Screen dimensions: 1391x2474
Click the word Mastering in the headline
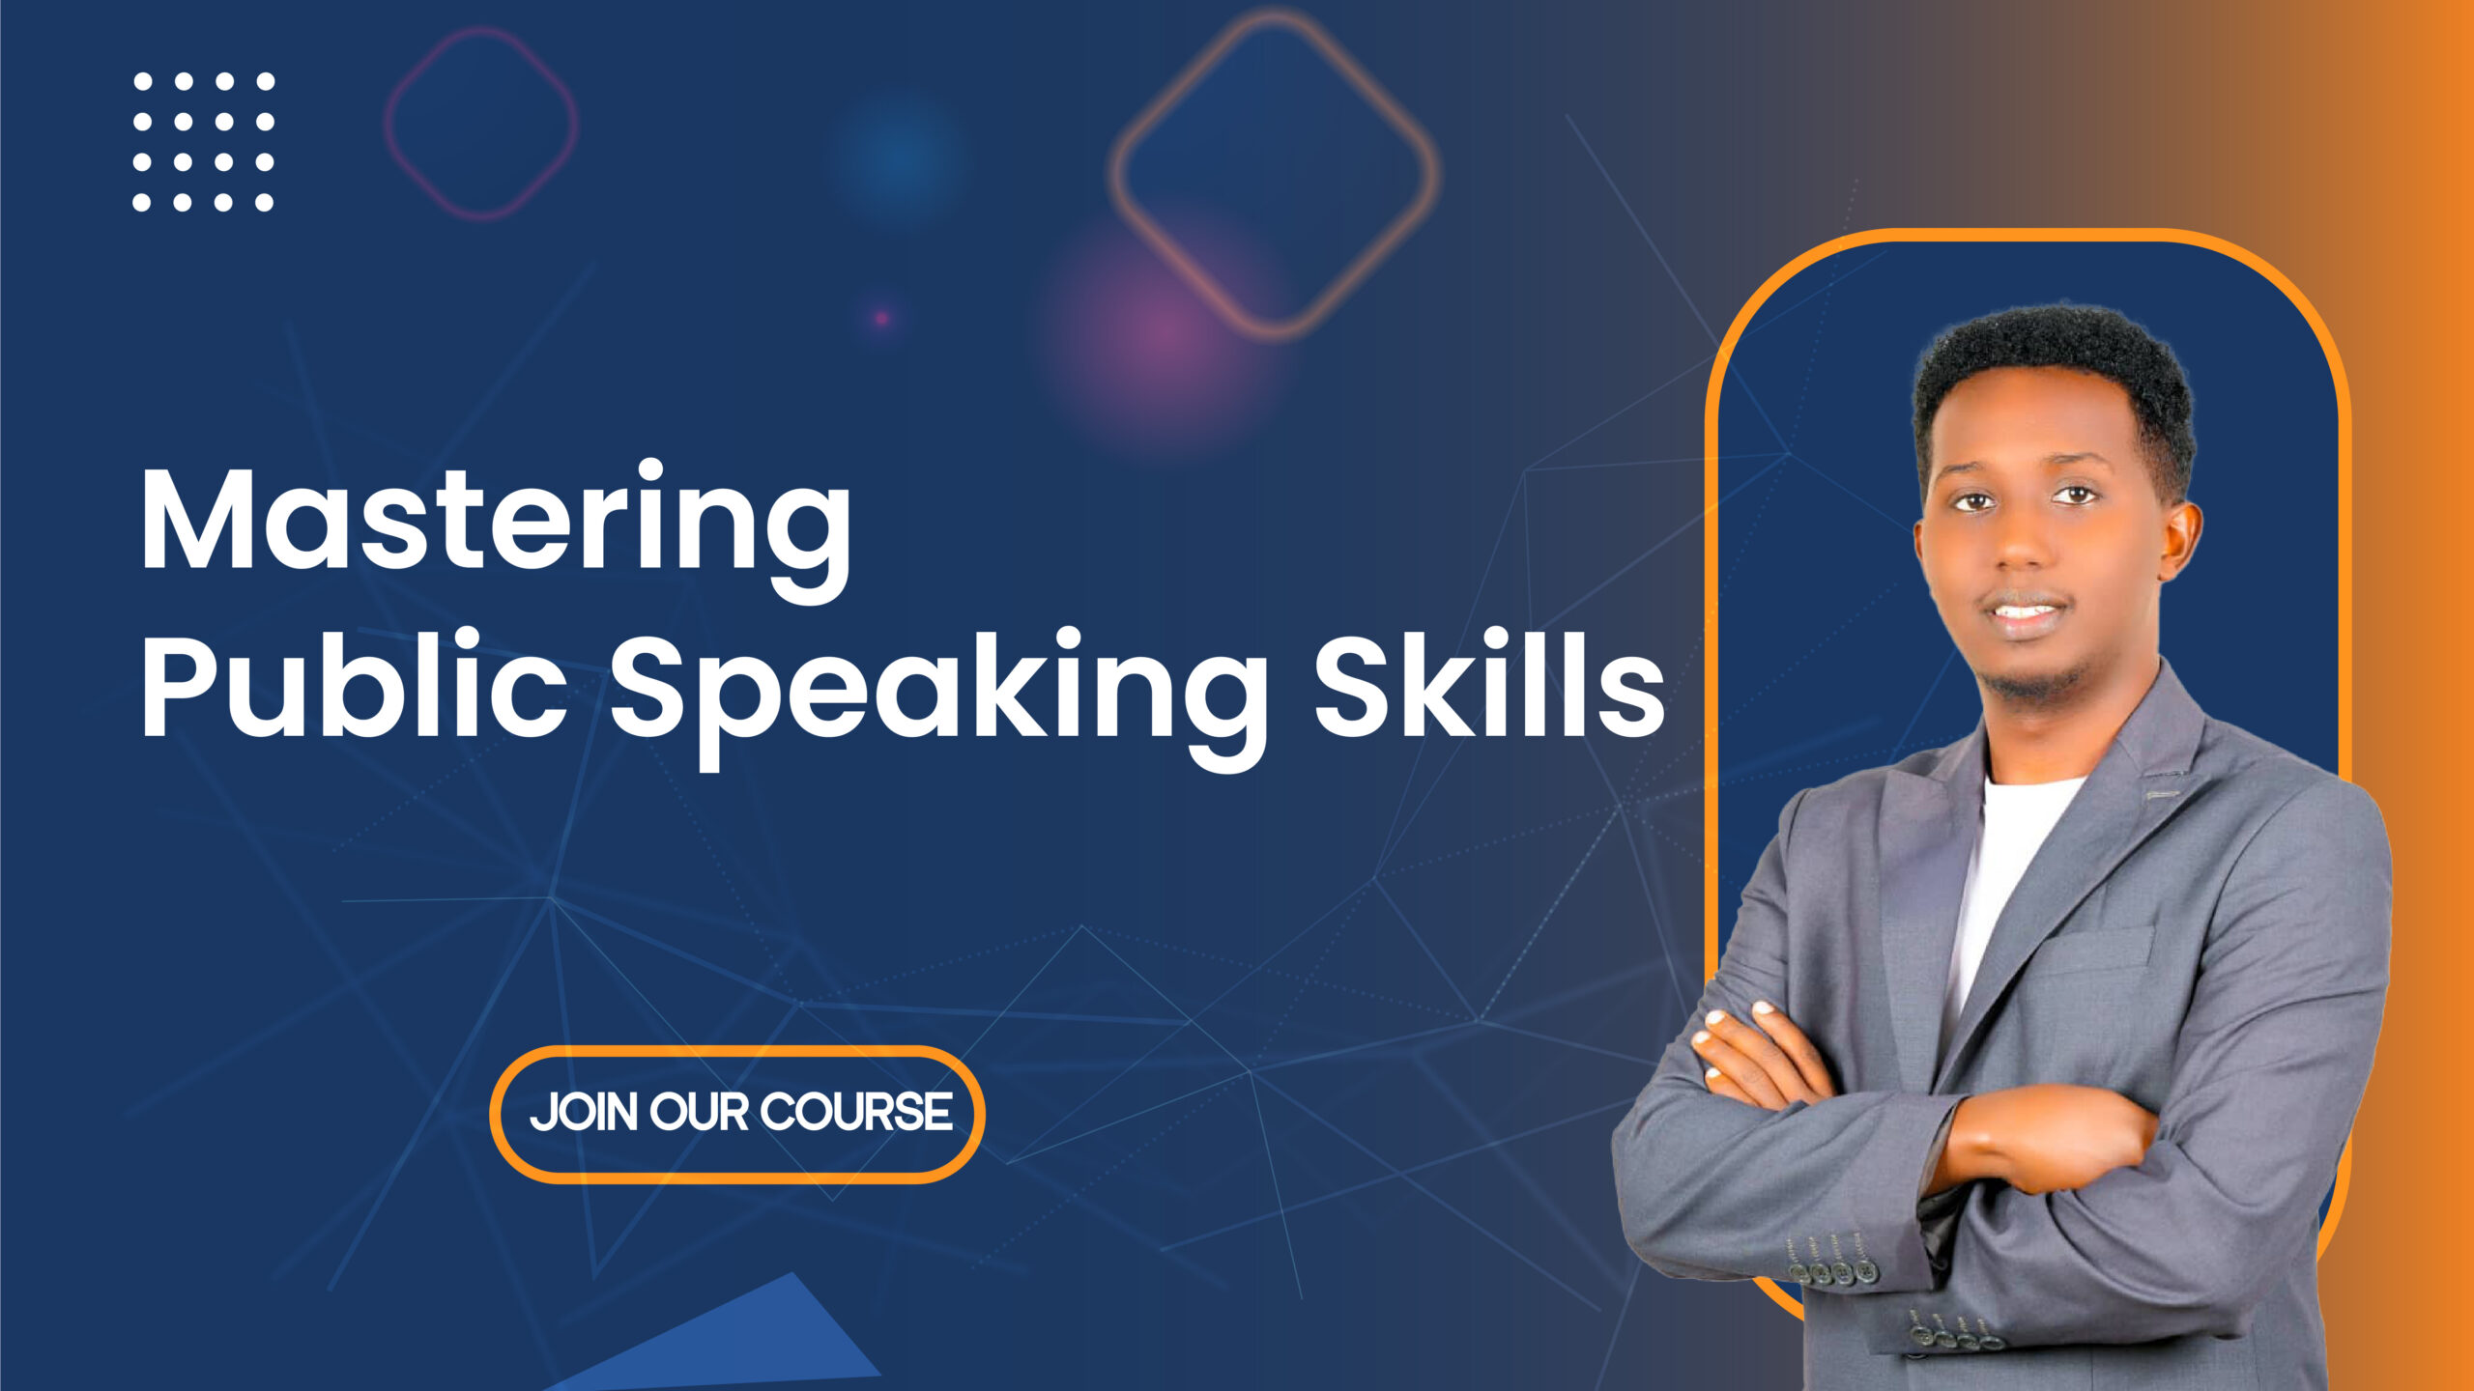(x=495, y=522)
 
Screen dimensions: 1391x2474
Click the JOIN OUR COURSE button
(x=737, y=1113)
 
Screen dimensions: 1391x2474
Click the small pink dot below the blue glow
(x=881, y=318)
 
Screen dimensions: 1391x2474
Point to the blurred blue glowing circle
(x=897, y=159)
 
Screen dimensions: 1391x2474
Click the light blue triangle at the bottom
(x=763, y=1343)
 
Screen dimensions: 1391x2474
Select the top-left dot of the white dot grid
(x=142, y=81)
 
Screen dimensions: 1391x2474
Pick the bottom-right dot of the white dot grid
(x=264, y=202)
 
